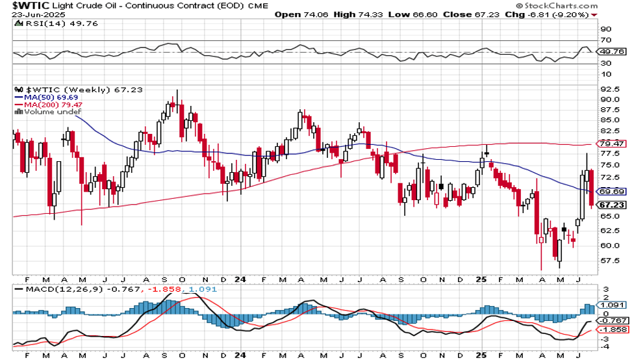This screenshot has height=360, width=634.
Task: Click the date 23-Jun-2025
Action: click(x=31, y=14)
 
